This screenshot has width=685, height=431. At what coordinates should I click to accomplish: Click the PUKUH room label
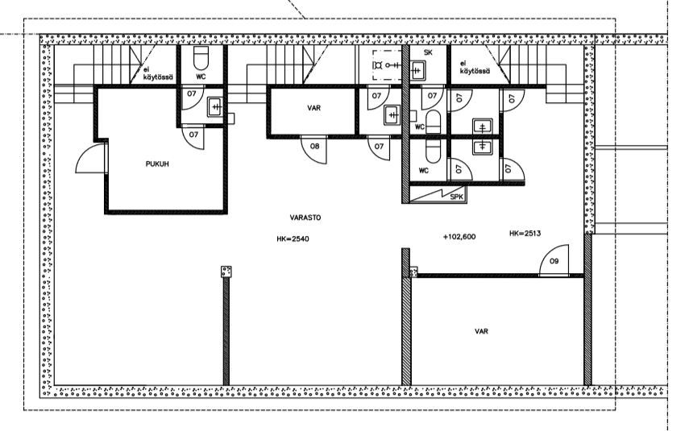(x=157, y=164)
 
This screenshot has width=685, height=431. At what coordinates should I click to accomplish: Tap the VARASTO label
(x=305, y=218)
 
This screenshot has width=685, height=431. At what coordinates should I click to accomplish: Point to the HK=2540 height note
(x=293, y=238)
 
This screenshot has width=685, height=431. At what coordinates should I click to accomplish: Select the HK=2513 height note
(x=525, y=234)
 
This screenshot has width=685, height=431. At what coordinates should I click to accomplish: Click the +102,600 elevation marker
(x=459, y=237)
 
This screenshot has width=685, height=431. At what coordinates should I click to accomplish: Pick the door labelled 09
(x=554, y=261)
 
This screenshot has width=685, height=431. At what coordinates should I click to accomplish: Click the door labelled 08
(x=314, y=149)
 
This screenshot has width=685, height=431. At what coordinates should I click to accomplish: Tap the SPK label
(x=456, y=197)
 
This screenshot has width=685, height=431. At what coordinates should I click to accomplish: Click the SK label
(x=428, y=52)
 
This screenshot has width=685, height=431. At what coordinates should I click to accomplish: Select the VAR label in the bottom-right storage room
(x=481, y=331)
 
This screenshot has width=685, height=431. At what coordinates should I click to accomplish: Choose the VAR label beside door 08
(x=313, y=108)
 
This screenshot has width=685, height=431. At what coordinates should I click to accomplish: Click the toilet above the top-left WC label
(x=201, y=58)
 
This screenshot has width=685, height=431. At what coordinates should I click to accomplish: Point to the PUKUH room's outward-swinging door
(x=91, y=158)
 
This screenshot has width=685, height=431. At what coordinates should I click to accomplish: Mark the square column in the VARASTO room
(x=226, y=271)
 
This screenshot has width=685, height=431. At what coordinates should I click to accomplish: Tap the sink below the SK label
(x=417, y=71)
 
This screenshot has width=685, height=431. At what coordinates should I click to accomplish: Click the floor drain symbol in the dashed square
(x=378, y=65)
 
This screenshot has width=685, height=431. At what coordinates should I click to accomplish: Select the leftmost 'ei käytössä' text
(x=159, y=74)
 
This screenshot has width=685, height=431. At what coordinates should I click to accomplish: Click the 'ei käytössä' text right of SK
(x=475, y=68)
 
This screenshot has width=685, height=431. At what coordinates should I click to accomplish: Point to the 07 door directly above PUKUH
(x=193, y=137)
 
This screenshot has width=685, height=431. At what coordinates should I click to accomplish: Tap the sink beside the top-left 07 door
(x=216, y=107)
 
